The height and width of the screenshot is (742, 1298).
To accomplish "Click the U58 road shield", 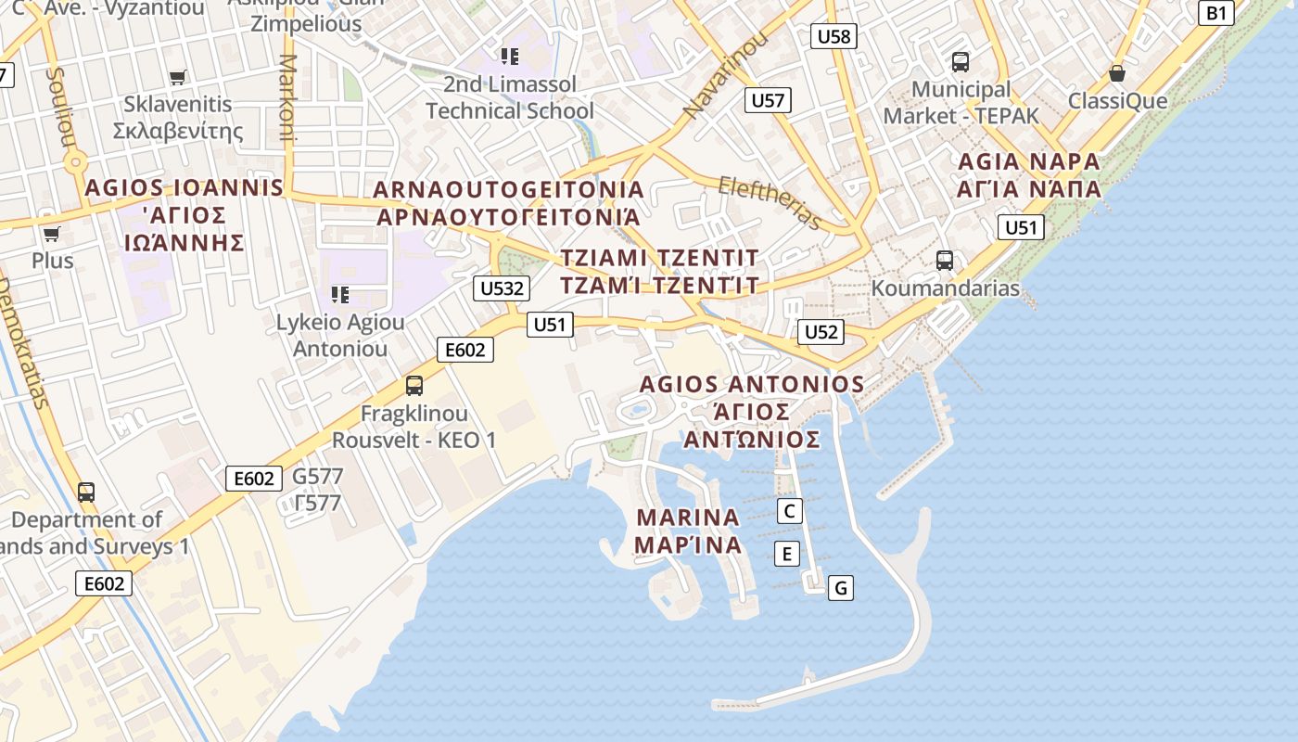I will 834,36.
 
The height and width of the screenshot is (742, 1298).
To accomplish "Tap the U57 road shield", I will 768,100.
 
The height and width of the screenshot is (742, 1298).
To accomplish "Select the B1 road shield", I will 1216,13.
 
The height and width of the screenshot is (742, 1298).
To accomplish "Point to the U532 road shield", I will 502,288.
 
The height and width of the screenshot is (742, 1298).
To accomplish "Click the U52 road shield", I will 821,332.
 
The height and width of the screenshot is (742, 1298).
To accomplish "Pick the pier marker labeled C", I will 789,511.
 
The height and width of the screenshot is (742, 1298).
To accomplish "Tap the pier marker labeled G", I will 840,587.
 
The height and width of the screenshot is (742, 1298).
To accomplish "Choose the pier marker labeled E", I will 786,554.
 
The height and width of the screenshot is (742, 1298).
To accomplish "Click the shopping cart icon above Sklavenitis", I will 177,78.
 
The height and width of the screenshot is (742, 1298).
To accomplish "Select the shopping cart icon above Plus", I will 52,235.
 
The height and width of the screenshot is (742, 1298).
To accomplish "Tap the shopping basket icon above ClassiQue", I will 1117,73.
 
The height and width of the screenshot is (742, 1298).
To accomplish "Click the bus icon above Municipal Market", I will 961,62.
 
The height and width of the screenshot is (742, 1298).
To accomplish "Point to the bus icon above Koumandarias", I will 944,261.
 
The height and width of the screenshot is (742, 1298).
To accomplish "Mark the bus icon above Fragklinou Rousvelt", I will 414,385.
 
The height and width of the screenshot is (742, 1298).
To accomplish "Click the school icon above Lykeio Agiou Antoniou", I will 340,295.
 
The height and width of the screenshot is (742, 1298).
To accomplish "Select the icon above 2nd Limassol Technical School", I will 509,57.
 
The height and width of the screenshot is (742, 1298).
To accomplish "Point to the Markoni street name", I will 286,97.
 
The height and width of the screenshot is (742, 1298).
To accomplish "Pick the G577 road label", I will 317,477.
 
